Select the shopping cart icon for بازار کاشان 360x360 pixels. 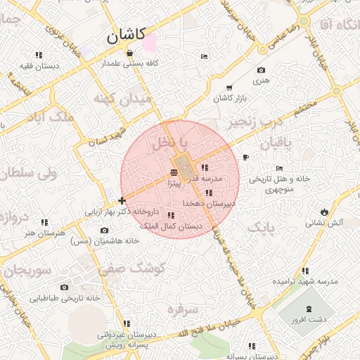point(229,88)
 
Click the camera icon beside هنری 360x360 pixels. point(262,70)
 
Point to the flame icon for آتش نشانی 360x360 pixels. point(323,211)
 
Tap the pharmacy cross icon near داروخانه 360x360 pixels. point(122,201)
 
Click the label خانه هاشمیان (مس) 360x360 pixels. point(110,240)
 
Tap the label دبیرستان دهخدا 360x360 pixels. point(209,202)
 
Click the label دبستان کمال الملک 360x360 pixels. point(172,226)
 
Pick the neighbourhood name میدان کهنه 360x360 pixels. point(125,99)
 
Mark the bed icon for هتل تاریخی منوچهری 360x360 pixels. point(280,169)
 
